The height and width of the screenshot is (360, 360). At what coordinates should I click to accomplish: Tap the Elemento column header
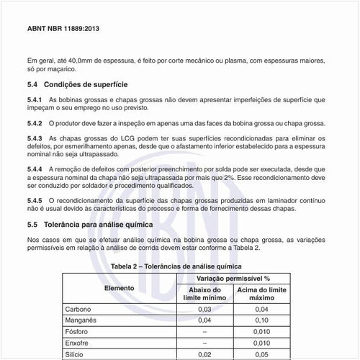pos(119,288)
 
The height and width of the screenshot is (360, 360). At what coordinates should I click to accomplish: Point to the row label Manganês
pos(81,320)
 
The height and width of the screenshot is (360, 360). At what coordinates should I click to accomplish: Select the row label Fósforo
pos(77,331)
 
